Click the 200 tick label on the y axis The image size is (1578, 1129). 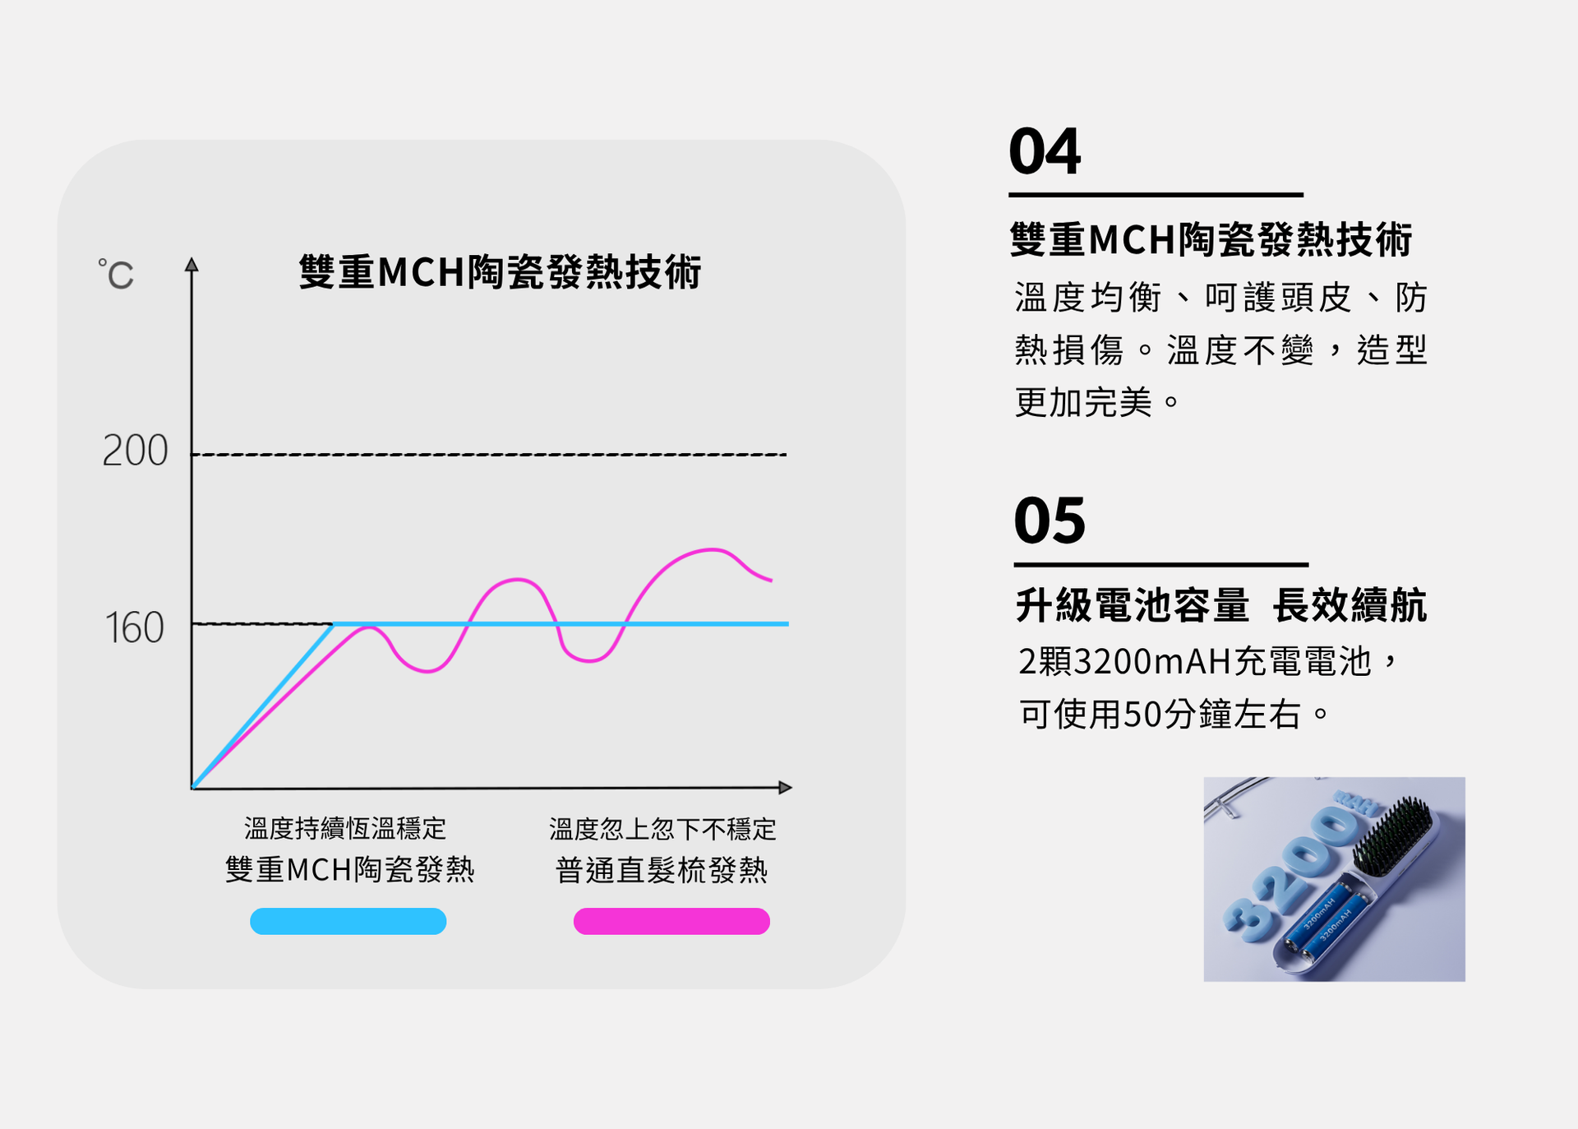click(x=135, y=451)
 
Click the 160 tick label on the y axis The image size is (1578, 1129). click(x=135, y=628)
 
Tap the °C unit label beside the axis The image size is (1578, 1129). click(x=116, y=275)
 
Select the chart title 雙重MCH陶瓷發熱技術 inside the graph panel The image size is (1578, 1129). click(x=500, y=272)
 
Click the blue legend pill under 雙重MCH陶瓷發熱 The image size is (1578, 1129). click(x=348, y=921)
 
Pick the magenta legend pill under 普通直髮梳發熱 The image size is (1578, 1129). click(x=671, y=921)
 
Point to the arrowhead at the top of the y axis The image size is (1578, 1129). click(x=191, y=264)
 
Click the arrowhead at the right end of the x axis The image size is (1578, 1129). click(x=785, y=788)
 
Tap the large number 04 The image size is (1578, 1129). click(x=1045, y=151)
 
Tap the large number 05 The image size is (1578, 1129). click(x=1050, y=521)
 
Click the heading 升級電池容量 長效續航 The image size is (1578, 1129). click(x=1221, y=606)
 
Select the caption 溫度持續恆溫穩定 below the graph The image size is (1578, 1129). click(x=345, y=828)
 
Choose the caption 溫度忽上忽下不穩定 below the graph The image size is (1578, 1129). click(x=662, y=829)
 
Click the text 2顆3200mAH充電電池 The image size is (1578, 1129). click(x=1195, y=661)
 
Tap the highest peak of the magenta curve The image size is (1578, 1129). click(x=712, y=548)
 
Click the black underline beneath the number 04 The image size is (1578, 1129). click(x=1156, y=195)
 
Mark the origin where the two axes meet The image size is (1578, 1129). click(x=191, y=789)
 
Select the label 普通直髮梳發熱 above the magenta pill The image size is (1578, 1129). click(x=662, y=870)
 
